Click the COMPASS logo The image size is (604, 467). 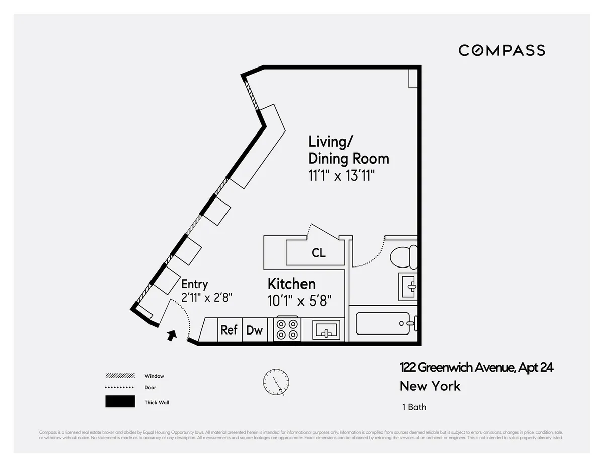[501, 50]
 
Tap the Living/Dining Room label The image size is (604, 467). [348, 150]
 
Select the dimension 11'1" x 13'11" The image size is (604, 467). [342, 177]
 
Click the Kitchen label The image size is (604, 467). [291, 284]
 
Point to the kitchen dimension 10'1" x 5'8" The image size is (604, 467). [299, 301]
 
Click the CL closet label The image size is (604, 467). [318, 253]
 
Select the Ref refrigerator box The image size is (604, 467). [229, 330]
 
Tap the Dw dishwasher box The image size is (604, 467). [255, 330]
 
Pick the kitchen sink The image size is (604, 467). [326, 330]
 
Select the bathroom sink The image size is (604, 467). [408, 287]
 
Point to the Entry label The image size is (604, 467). [194, 284]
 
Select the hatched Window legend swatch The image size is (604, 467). [120, 376]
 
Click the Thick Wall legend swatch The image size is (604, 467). [120, 402]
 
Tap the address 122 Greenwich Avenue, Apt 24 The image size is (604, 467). [476, 368]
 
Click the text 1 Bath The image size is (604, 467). [414, 407]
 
